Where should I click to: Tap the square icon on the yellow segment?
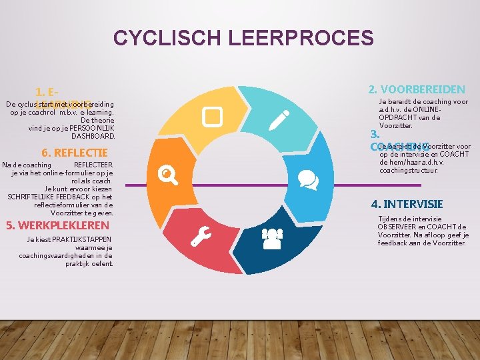coord(213,117)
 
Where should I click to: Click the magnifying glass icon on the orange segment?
coord(168,175)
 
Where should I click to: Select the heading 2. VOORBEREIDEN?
coord(417,89)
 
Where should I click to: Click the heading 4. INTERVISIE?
coord(407,204)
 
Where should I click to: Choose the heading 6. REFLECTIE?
coord(75,152)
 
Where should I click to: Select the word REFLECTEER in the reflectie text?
coord(93,165)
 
